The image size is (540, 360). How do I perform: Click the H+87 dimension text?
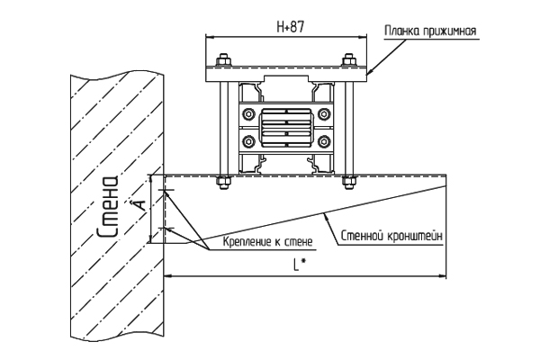[x=291, y=27]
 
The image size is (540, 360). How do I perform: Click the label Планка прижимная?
[x=430, y=31]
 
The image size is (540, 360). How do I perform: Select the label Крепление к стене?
[x=267, y=241]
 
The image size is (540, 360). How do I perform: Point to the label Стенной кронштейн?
[x=391, y=237]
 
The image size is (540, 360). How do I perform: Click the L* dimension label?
[x=300, y=265]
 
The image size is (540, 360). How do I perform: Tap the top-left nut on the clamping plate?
[x=223, y=60]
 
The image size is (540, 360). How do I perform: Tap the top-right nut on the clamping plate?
[x=348, y=60]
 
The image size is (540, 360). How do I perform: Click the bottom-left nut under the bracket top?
[x=223, y=182]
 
